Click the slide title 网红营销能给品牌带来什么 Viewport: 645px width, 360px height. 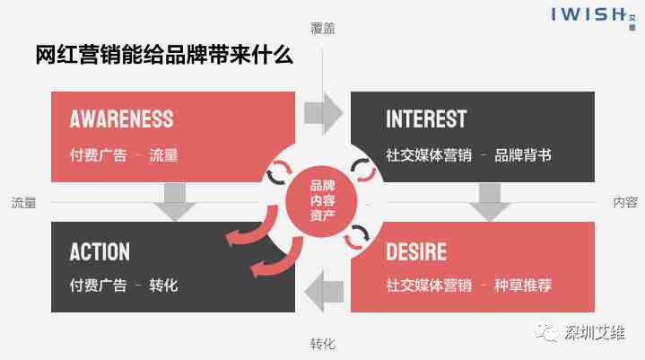(x=164, y=56)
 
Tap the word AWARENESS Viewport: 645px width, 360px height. (x=122, y=119)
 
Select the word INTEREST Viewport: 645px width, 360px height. (x=426, y=119)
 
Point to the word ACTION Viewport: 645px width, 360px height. (x=100, y=251)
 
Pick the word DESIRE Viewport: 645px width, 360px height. (x=416, y=251)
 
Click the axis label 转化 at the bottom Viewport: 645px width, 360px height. (x=323, y=344)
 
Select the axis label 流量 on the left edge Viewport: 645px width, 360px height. (x=24, y=203)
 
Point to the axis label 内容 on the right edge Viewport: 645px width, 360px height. (x=625, y=203)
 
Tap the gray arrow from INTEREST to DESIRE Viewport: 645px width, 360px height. (x=489, y=202)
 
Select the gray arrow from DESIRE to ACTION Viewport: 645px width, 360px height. (x=323, y=289)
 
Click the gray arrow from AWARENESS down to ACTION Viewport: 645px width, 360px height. (x=175, y=202)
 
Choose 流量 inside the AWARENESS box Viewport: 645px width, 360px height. (x=164, y=154)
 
